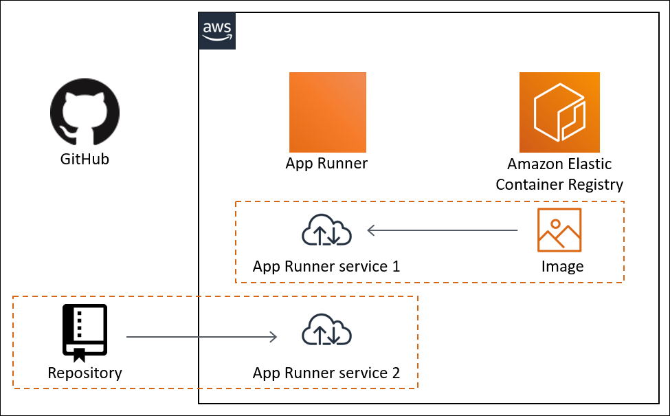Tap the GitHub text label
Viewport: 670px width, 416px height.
[85, 160]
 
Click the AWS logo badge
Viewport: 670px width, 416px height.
[217, 31]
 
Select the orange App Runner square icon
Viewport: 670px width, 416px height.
[327, 111]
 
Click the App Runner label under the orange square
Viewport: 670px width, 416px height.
[326, 164]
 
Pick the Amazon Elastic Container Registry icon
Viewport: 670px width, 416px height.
[559, 111]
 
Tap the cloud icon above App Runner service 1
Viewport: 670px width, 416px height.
[327, 230]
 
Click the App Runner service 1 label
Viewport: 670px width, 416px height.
[326, 266]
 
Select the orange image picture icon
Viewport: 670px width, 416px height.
[559, 230]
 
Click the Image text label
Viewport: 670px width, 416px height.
[562, 266]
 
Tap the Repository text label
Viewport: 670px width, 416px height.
[85, 373]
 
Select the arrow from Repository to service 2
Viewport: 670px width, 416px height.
[202, 337]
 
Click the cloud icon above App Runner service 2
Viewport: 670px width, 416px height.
[327, 332]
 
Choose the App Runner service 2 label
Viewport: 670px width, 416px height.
[326, 373]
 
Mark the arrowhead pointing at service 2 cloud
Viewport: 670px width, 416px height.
[273, 337]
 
